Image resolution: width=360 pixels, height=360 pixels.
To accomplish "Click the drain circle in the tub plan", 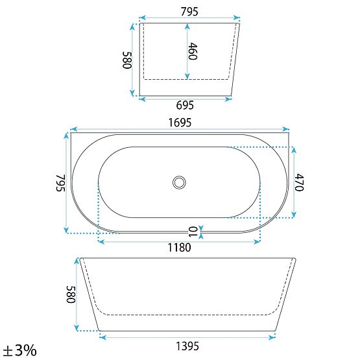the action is (x=179, y=182).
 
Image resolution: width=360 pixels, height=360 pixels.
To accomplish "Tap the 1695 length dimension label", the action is (x=180, y=123).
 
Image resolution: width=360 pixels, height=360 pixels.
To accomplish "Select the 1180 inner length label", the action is (x=179, y=248).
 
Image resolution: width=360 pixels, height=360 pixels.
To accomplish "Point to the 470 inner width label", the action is (x=300, y=182).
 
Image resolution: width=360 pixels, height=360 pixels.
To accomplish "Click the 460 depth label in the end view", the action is (x=193, y=51).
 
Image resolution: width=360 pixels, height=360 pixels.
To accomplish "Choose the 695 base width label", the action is (x=185, y=105).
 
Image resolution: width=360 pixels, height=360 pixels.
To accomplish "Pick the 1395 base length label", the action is (x=187, y=346).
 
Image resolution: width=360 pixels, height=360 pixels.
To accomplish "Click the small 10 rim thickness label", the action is (x=193, y=232).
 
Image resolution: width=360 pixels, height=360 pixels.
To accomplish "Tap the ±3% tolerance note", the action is (x=19, y=350).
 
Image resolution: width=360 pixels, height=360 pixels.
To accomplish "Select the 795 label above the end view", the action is (x=189, y=12).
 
